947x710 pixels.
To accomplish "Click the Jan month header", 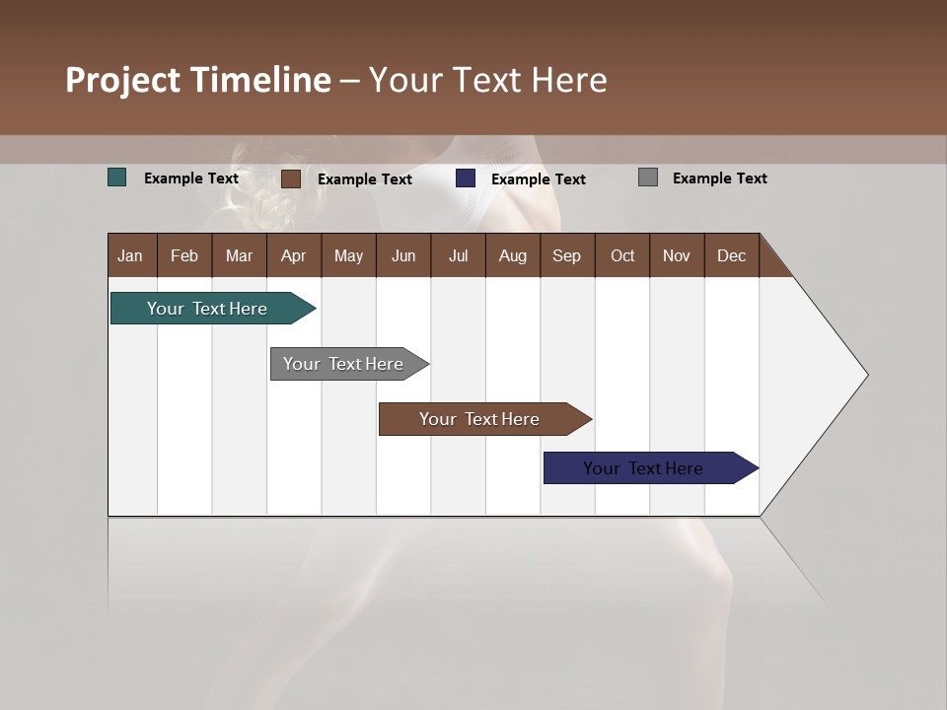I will click(130, 255).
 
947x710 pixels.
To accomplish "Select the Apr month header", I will click(293, 255).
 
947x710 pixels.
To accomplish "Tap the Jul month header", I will click(458, 255).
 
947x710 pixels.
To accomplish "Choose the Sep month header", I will click(566, 255).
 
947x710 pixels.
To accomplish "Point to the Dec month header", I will click(731, 255).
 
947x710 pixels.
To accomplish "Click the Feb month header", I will click(184, 255).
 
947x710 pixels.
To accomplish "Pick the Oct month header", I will click(622, 255).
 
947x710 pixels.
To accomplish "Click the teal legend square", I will click(117, 177).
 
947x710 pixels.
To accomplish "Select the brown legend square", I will click(291, 178).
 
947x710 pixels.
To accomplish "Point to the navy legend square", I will click(466, 178).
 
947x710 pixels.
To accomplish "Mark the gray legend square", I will click(648, 177).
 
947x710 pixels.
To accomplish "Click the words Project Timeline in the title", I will click(198, 80).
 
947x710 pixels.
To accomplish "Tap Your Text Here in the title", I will click(487, 80).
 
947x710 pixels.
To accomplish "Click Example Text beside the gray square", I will click(719, 178).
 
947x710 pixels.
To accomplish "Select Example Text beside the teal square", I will click(191, 178).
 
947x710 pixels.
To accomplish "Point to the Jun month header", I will click(403, 255).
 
